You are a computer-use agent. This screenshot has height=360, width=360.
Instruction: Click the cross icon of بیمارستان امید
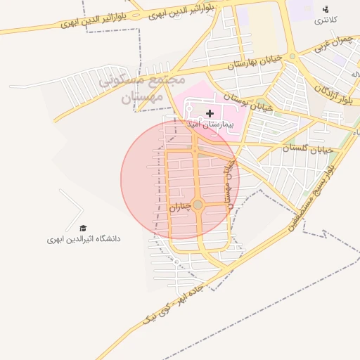[x=210, y=113]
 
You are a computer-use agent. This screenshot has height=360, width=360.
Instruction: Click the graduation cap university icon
[x=83, y=229]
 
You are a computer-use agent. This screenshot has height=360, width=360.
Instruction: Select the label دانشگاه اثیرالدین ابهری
[x=84, y=239]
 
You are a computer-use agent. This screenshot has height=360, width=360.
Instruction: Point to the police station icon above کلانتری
[x=325, y=9]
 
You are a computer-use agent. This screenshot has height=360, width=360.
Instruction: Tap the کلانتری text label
[x=325, y=20]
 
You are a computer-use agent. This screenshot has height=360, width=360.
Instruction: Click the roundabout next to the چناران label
[x=198, y=205]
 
